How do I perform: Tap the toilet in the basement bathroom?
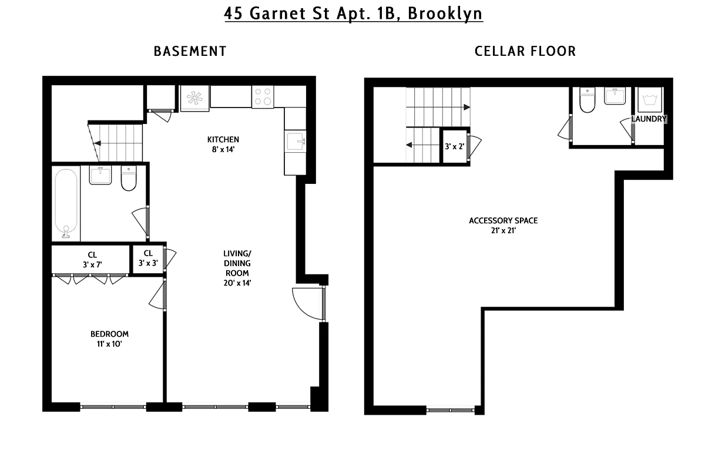[129, 179]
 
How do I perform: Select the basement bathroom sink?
[100, 175]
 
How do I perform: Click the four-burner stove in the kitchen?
[263, 97]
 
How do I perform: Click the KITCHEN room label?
[223, 139]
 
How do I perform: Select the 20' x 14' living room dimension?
[237, 283]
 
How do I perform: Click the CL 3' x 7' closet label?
[92, 259]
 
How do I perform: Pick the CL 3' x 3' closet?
[147, 259]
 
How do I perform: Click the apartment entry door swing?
[305, 303]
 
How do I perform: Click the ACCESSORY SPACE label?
[503, 221]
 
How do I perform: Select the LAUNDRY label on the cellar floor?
[649, 119]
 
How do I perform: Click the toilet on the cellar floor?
[587, 100]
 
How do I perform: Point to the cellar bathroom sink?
[617, 96]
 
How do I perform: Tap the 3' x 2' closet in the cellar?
[455, 146]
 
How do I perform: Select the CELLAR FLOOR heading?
[525, 51]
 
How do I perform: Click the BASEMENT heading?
[190, 51]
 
